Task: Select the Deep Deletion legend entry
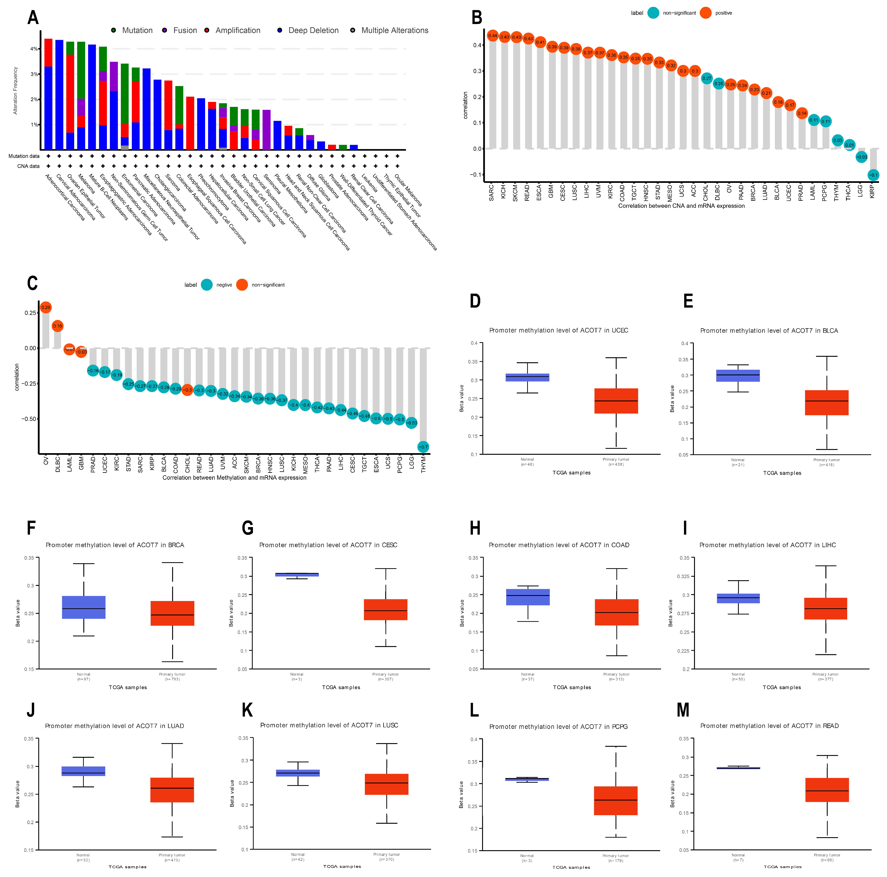pos(313,30)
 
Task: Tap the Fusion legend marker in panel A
pos(164,30)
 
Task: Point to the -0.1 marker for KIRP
pos(873,175)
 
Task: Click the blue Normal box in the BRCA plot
pos(84,607)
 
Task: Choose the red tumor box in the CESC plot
pos(386,609)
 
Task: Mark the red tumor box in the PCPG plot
pos(616,800)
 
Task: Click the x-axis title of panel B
pos(681,206)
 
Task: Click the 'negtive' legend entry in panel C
pos(224,285)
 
